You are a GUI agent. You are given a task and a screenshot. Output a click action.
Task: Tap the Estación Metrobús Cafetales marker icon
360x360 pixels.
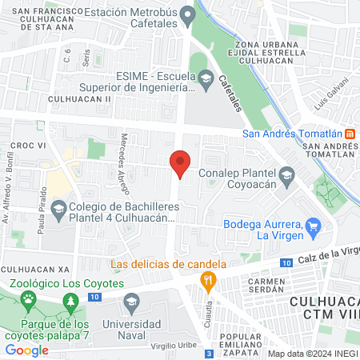(x=188, y=14)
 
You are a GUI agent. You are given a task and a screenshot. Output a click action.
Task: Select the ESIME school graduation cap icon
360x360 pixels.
(x=206, y=78)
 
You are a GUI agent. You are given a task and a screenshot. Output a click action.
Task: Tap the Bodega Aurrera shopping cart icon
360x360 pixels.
(x=314, y=226)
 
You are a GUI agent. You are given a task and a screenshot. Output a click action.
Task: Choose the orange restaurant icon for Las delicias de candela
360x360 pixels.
(x=208, y=279)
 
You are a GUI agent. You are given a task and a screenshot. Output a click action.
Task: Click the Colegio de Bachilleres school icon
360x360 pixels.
(x=58, y=211)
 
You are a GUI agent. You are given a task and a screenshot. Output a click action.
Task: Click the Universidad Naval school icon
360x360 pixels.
(x=132, y=302)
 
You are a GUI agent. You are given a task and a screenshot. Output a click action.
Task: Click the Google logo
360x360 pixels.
(x=27, y=350)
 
